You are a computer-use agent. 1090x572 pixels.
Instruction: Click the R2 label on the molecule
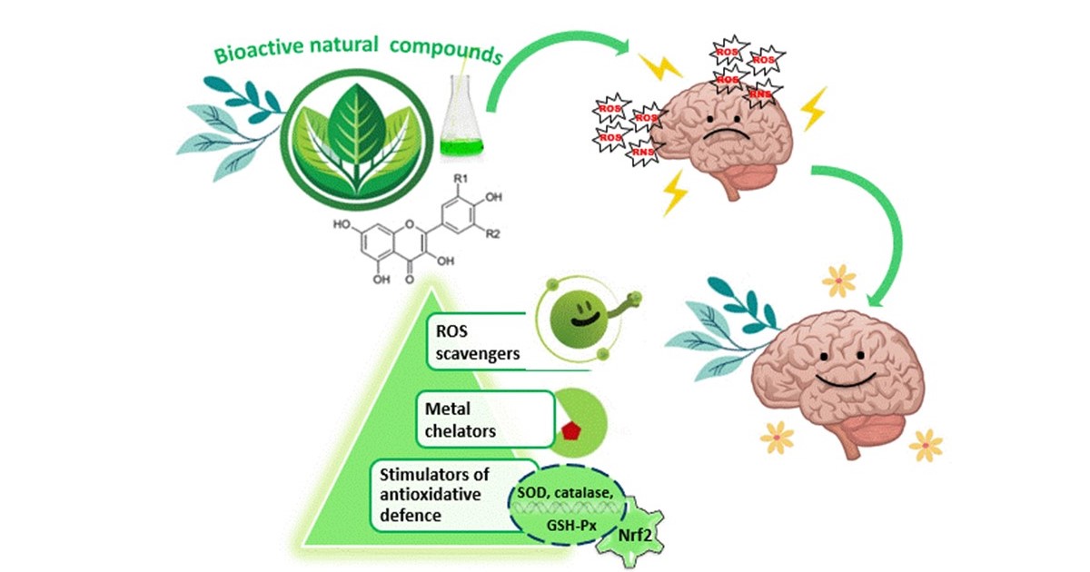[493, 234]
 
